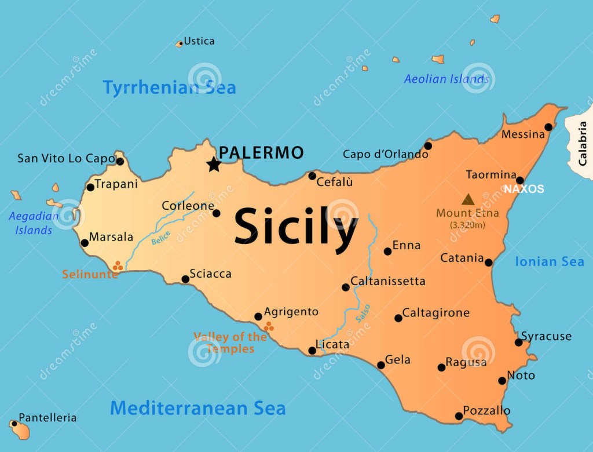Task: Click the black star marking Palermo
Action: (214, 164)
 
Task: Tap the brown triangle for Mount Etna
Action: (468, 199)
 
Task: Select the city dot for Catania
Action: (489, 263)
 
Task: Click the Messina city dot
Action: (548, 127)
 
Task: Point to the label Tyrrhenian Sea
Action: (169, 88)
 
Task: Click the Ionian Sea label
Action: (549, 262)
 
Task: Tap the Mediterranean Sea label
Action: (197, 408)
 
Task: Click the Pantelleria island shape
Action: (21, 430)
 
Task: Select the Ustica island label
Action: (199, 41)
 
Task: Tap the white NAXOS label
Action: (524, 189)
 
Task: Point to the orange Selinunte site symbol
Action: (118, 266)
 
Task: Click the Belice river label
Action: (161, 238)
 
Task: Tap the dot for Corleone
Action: (217, 213)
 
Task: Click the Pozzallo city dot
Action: (459, 416)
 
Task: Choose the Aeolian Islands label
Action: (446, 79)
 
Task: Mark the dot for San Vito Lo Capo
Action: (120, 161)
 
